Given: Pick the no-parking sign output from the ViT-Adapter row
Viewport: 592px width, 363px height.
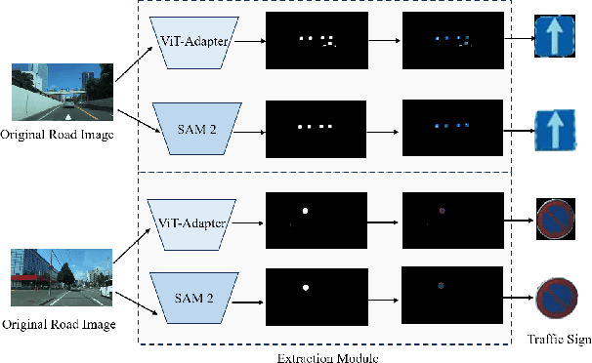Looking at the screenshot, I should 553,220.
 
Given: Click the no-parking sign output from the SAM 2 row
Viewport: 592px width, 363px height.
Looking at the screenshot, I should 553,294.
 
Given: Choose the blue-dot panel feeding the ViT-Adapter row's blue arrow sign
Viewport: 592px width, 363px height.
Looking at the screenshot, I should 450,41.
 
